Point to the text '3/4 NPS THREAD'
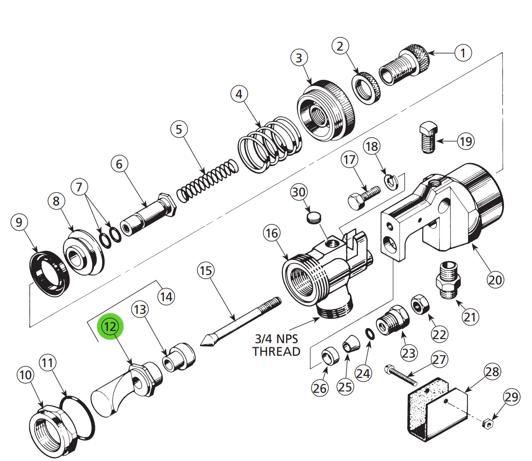pos(276,345)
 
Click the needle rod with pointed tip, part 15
pos(240,321)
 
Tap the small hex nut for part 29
pos(487,424)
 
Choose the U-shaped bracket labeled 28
pos(436,410)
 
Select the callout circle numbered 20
pos(495,279)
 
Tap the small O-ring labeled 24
pos(369,334)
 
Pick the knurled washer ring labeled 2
pos(366,88)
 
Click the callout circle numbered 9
pos(19,222)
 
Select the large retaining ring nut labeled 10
pos(49,429)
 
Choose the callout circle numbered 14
pos(166,296)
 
